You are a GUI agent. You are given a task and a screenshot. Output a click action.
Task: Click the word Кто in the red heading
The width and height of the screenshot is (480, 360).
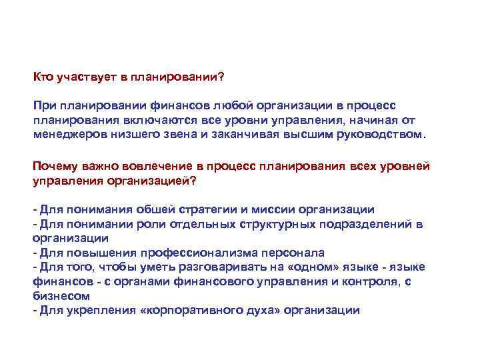click(44, 77)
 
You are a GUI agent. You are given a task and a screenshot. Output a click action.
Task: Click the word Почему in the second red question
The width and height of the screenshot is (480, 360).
click(56, 165)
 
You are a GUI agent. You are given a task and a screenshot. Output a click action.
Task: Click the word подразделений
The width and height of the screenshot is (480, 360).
click(359, 224)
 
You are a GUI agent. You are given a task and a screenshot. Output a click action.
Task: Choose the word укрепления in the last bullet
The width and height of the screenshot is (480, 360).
click(95, 311)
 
